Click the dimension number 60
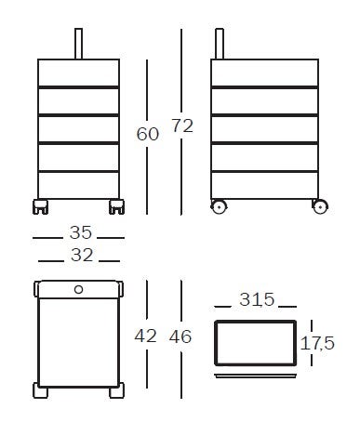(148, 134)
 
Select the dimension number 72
(182, 125)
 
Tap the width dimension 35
(81, 232)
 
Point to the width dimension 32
(82, 256)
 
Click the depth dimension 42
(145, 336)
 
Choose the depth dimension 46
(180, 336)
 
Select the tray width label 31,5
(257, 299)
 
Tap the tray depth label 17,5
(317, 343)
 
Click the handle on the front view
(79, 44)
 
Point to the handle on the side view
(220, 44)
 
